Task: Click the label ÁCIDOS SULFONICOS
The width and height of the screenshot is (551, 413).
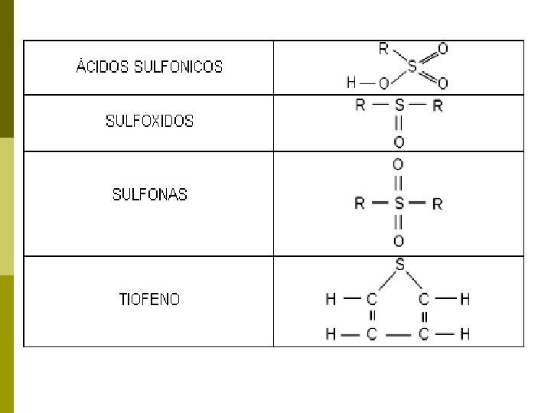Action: (x=150, y=67)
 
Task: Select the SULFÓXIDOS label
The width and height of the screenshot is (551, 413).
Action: (x=150, y=121)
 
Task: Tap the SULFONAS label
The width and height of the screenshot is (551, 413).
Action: (x=150, y=194)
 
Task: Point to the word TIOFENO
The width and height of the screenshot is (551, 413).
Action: (x=150, y=299)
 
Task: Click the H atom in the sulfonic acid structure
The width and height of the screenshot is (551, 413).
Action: (x=351, y=83)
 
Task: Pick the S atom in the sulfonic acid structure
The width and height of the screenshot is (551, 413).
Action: (x=412, y=67)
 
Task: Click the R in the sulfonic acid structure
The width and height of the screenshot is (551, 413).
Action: (x=383, y=49)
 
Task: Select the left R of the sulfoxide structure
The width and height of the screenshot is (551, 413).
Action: (x=360, y=106)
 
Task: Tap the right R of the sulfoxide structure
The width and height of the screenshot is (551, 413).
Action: (x=437, y=106)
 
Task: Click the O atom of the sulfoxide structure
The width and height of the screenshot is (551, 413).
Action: (x=399, y=142)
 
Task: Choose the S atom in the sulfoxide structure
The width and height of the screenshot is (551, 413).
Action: (x=399, y=106)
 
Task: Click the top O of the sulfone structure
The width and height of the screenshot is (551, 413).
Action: (x=398, y=164)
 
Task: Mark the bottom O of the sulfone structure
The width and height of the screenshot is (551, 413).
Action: (x=398, y=242)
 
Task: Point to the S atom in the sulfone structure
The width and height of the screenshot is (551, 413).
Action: (x=398, y=203)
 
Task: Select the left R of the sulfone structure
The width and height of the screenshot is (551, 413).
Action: (x=360, y=203)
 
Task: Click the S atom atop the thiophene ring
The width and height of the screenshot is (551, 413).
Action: (x=400, y=265)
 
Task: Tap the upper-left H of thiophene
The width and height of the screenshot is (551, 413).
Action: (x=331, y=300)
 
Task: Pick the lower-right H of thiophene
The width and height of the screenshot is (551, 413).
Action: (x=465, y=333)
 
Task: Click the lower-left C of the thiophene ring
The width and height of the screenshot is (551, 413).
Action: (x=372, y=333)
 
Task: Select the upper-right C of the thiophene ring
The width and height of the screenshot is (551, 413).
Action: (x=424, y=300)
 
